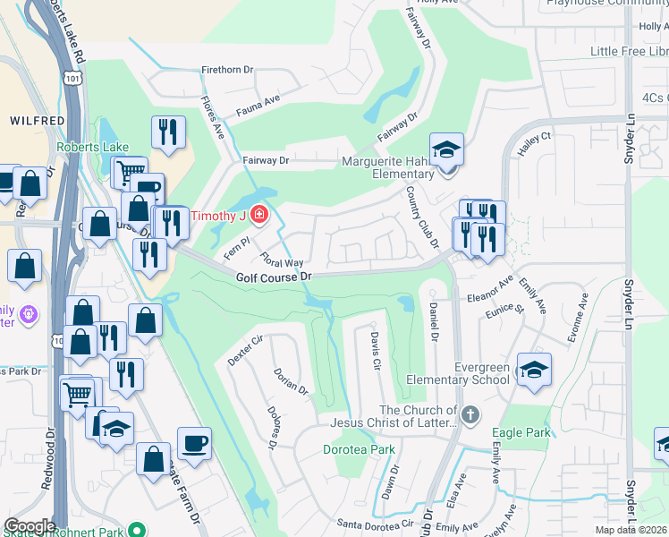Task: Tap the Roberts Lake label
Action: tap(92, 147)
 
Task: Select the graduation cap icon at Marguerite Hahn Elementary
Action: tap(446, 149)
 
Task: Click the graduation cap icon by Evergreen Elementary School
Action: tap(534, 369)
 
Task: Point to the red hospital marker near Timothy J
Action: tap(259, 215)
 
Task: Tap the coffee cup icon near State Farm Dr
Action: tap(194, 442)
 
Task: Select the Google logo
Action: tap(30, 525)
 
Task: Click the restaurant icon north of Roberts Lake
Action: tap(167, 132)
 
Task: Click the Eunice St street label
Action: tap(505, 309)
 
